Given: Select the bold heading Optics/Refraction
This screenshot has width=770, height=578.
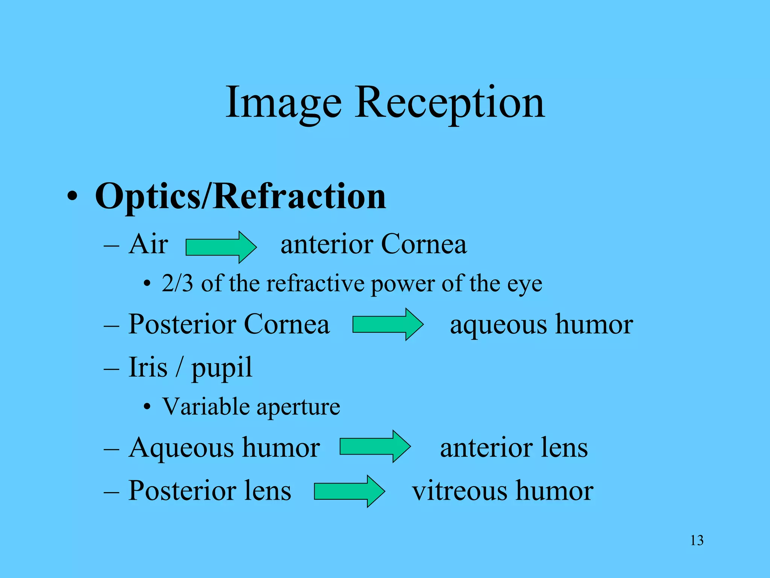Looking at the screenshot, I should point(240,196).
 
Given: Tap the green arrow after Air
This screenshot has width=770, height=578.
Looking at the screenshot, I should point(221,247).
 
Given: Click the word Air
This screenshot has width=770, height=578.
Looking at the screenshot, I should point(148,244).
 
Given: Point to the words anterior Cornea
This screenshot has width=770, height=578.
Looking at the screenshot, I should point(373,244).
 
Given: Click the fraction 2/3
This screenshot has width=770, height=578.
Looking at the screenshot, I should point(177,283).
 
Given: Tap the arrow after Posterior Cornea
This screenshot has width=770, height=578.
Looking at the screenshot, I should point(388,324).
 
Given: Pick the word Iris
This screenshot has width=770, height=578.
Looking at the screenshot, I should point(148,367).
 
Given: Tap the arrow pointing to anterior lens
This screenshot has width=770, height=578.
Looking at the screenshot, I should point(375,446).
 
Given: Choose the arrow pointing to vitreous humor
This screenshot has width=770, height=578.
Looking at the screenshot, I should point(349,491).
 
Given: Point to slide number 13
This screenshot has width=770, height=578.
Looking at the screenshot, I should point(697,540).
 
